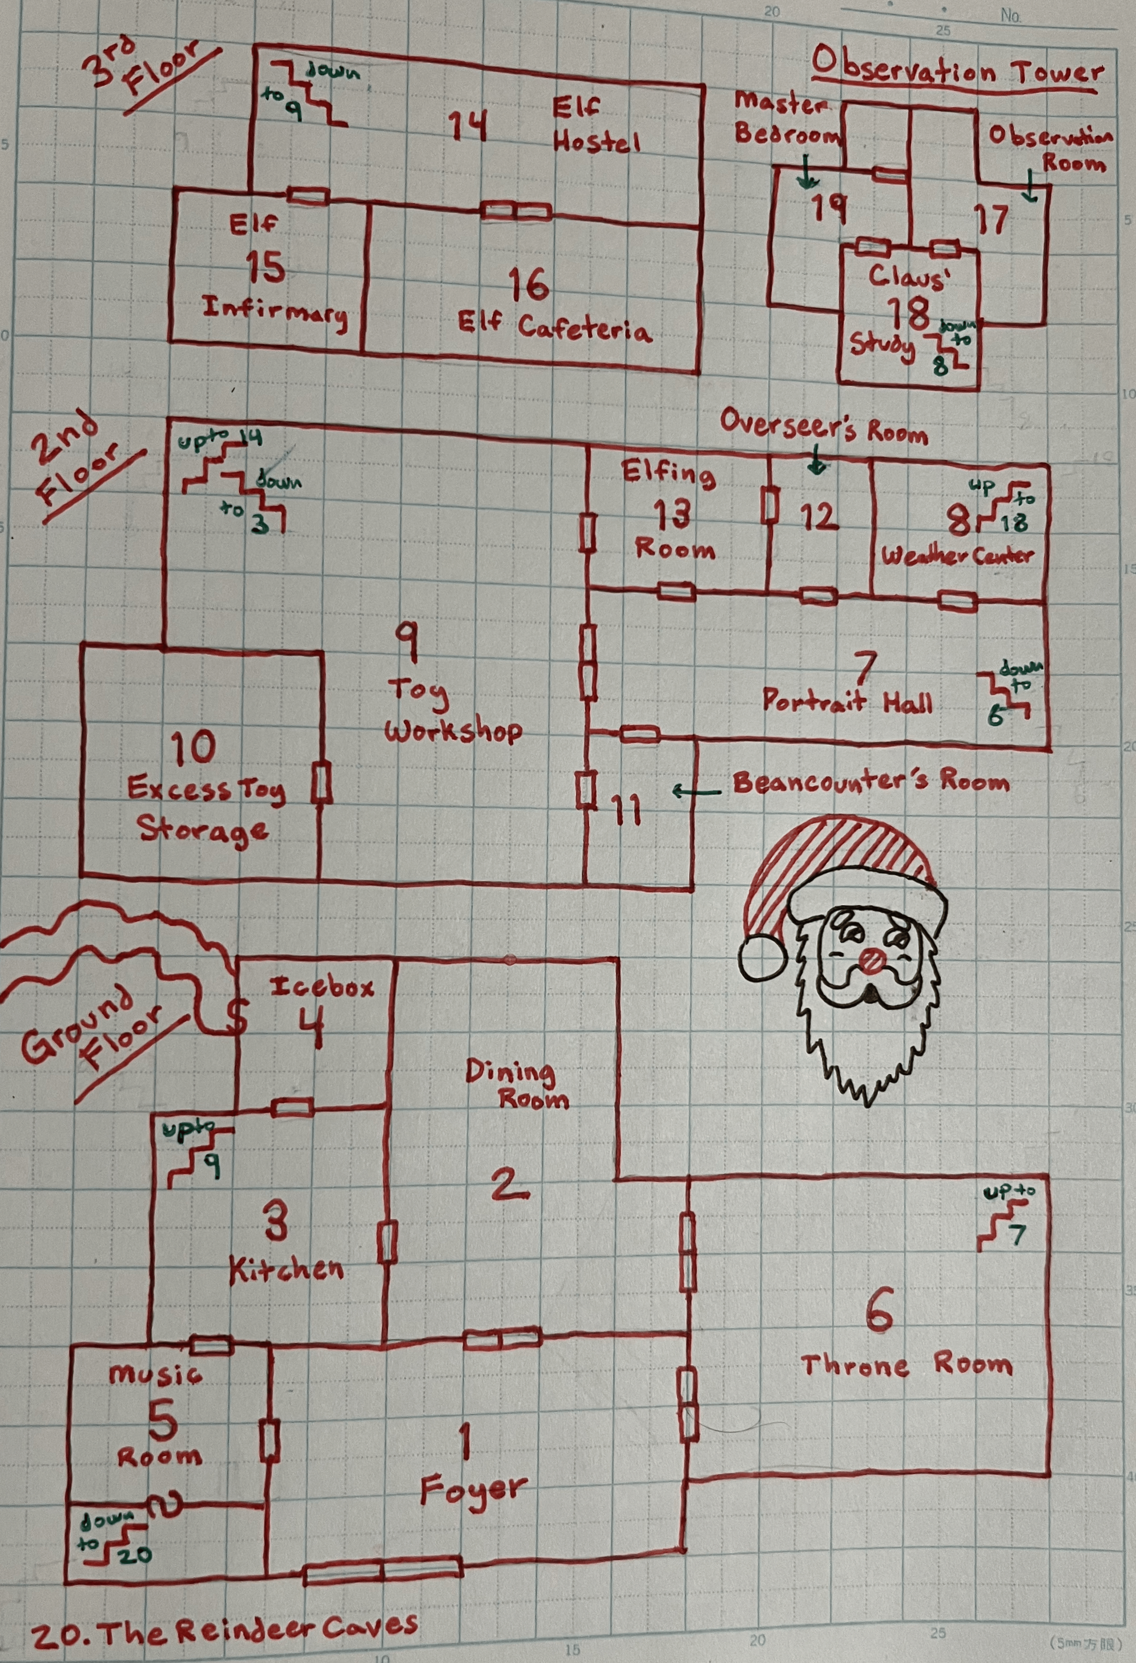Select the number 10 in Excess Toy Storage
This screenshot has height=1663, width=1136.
(194, 748)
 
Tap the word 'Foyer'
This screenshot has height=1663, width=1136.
(473, 1492)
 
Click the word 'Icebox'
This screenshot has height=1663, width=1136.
(322, 988)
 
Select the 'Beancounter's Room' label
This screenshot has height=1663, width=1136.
(871, 782)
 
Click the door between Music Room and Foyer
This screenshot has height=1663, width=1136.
(269, 1441)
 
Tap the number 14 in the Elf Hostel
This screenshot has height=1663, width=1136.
(468, 126)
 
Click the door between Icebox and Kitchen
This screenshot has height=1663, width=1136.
(292, 1108)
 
